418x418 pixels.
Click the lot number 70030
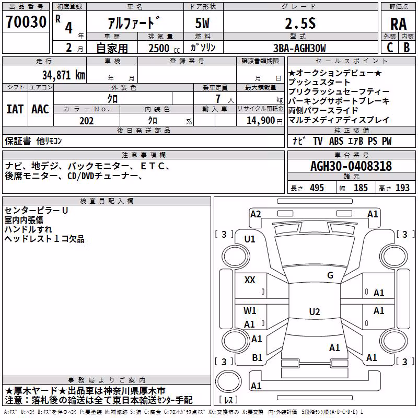coord(26,22)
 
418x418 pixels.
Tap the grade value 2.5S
coord(300,24)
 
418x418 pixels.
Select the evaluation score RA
coord(398,24)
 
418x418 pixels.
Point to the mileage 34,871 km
coord(63,75)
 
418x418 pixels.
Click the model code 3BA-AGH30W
coord(299,48)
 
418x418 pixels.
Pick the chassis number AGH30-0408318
coord(351,166)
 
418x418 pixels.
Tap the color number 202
coord(86,121)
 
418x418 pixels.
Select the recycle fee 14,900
coord(260,121)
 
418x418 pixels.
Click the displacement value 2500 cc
coord(164,48)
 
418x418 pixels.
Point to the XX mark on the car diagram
coord(250,280)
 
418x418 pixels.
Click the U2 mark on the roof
coord(315,311)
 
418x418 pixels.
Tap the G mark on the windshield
coord(330,275)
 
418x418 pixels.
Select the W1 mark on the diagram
coord(250,310)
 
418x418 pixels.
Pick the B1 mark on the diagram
coord(257,357)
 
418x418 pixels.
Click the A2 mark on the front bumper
coord(256,214)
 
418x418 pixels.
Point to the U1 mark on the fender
coord(250,239)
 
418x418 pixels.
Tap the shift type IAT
coord(15,109)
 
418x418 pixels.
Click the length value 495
coord(317,188)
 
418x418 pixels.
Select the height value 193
coord(402,188)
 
